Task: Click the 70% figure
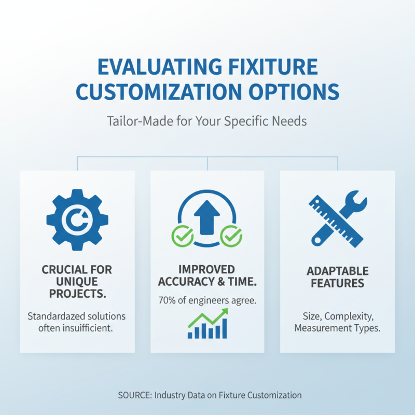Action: (168, 299)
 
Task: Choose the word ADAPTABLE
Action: (337, 271)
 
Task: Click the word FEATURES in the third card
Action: (337, 283)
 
